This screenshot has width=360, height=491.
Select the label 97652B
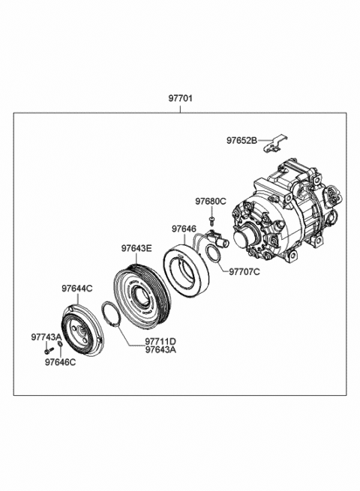coord(242,140)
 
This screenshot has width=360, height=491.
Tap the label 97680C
coord(211,202)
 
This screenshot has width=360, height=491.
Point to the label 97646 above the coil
coord(184,229)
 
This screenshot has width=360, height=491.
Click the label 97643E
coord(136,247)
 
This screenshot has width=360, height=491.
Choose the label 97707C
coord(244,271)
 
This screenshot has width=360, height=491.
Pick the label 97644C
coord(76,288)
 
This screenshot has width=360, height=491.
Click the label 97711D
coord(160,341)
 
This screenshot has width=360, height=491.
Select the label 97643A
coord(160,350)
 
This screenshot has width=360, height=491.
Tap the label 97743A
coord(46,337)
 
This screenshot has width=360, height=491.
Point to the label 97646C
coord(60,362)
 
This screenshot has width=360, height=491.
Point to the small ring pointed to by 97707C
coord(213,255)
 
